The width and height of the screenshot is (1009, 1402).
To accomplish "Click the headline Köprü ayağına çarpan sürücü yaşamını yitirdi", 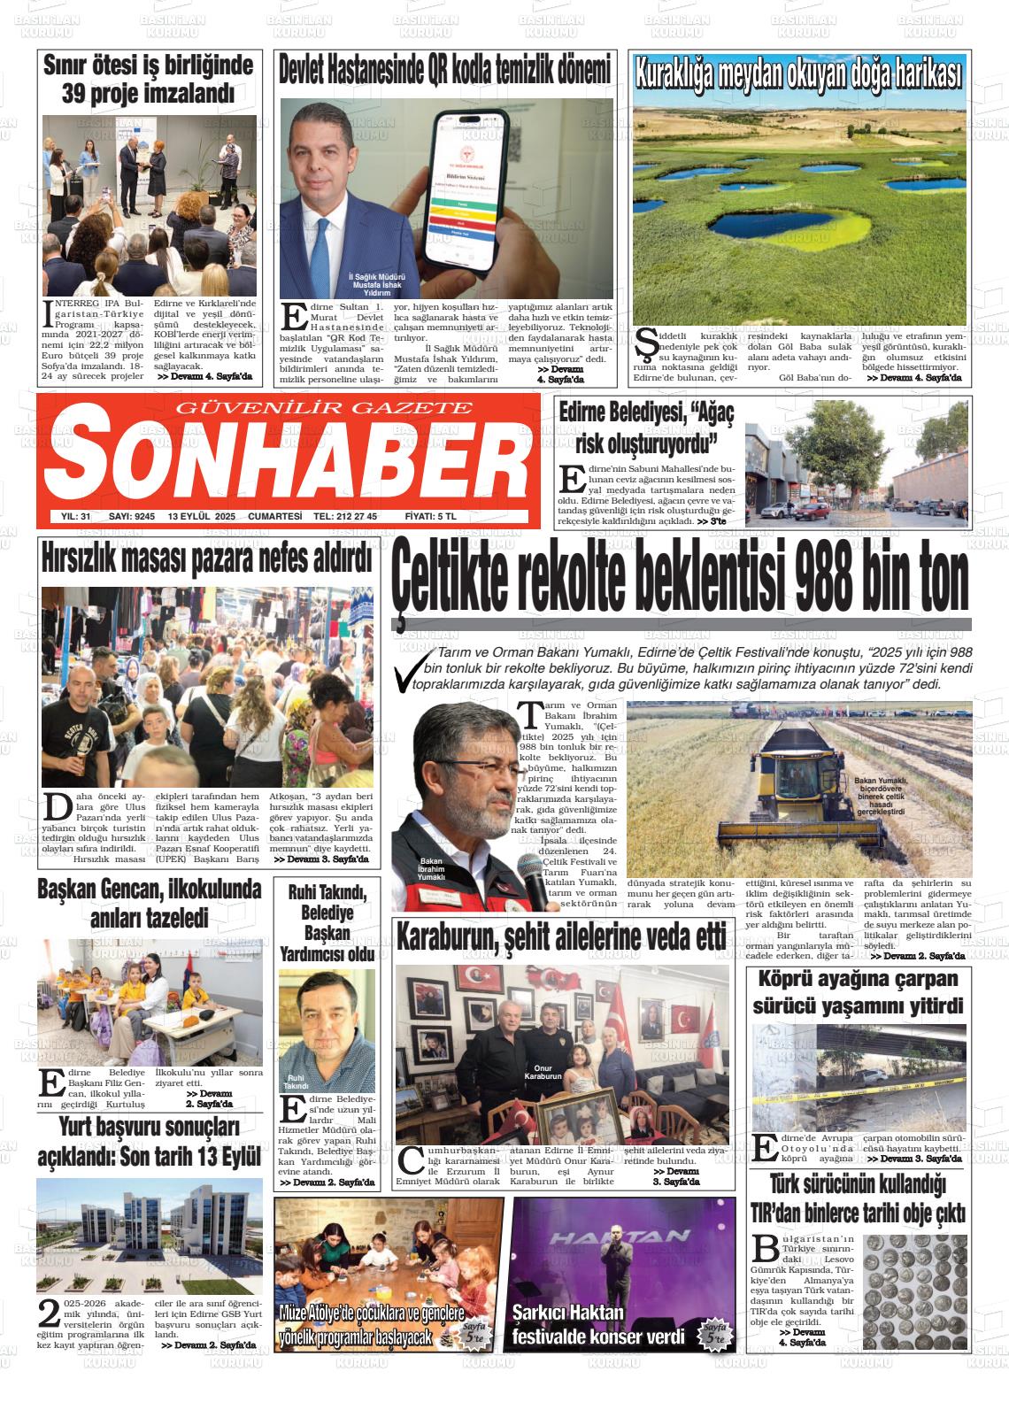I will point(857,992).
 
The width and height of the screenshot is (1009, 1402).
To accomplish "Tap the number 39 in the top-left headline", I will point(85,93).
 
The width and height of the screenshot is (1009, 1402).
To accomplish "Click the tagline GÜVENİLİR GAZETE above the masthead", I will point(326,407).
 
